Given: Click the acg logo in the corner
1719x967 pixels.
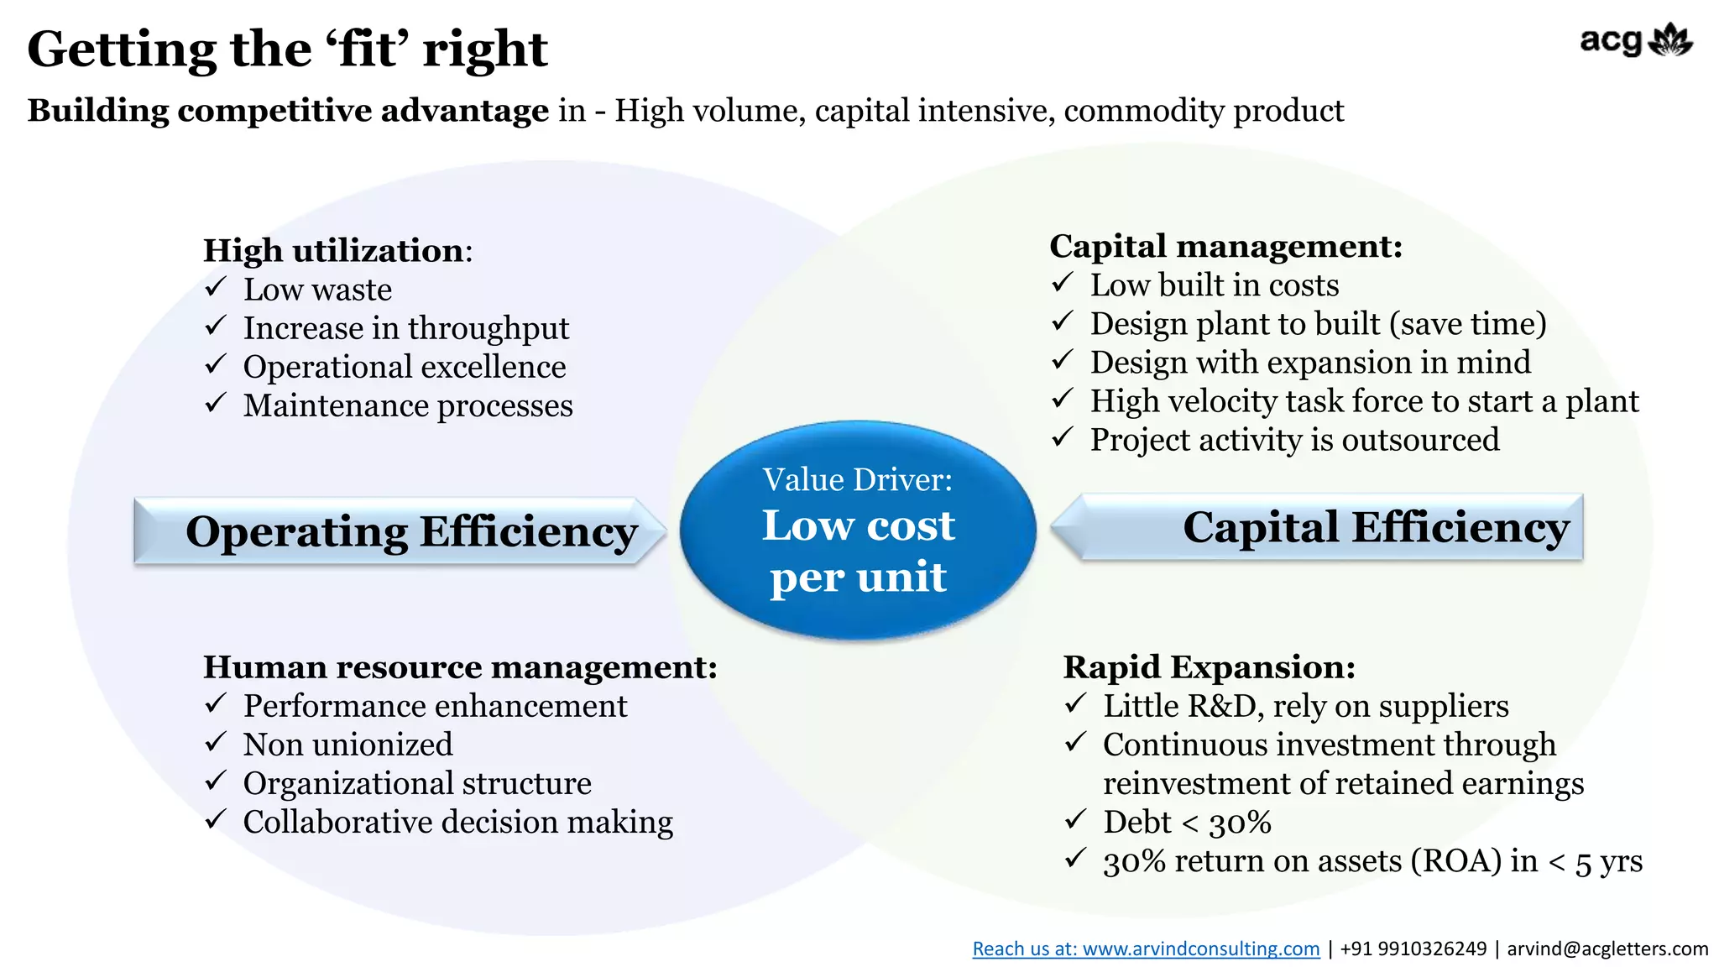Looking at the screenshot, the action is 1635,41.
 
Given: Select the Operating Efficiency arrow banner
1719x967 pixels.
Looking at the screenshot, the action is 400,531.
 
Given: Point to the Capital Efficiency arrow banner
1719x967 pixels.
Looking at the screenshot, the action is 1318,527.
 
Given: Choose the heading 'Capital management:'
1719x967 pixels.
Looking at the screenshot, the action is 1225,246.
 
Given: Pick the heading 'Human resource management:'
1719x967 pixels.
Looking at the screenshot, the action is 460,666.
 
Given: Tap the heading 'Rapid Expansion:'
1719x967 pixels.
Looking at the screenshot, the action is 1209,666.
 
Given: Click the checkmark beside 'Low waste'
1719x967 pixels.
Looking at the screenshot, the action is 216,288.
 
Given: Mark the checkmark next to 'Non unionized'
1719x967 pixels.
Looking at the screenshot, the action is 216,743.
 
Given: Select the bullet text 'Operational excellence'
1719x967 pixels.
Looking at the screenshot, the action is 405,367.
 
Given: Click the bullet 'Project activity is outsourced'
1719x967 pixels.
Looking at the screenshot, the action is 1294,440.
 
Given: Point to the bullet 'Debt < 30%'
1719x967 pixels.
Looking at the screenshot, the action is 1187,822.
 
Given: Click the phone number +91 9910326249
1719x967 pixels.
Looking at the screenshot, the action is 1413,949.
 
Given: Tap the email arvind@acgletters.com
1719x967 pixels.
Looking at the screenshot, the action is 1607,949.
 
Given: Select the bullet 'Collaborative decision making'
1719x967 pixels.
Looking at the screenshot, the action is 457,822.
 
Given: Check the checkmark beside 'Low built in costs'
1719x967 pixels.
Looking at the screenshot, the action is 1063,284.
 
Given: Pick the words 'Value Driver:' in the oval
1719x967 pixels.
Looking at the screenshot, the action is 858,479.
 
